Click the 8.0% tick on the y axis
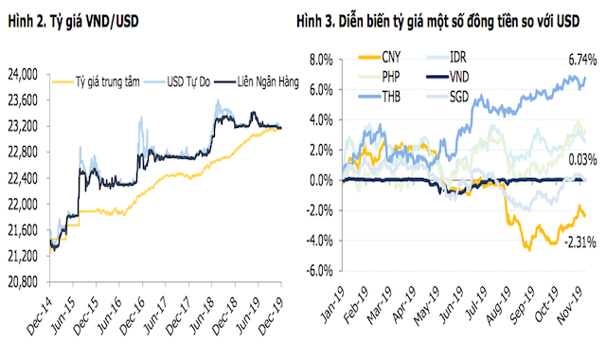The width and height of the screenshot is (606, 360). (x=319, y=59)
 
